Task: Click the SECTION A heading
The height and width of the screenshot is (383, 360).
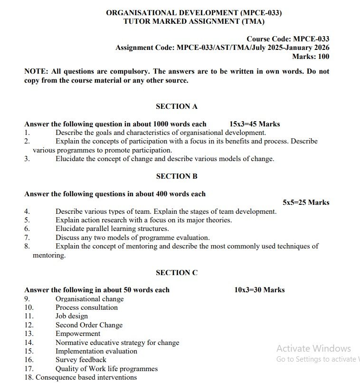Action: (176, 106)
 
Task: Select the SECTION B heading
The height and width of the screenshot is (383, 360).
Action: (176, 176)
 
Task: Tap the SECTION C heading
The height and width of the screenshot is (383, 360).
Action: (176, 273)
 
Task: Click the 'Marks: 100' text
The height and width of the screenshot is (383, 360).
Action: (311, 57)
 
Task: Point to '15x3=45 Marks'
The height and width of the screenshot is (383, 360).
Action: (255, 124)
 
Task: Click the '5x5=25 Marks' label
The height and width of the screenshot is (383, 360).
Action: (306, 202)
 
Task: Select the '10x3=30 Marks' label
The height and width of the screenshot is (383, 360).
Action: (259, 290)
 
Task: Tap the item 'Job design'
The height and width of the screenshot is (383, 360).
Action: (72, 316)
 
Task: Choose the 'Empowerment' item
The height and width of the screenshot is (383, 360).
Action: (78, 334)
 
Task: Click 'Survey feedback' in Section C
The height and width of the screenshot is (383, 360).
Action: (81, 360)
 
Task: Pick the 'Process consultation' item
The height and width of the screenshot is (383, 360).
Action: (86, 307)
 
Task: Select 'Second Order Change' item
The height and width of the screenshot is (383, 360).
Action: (89, 325)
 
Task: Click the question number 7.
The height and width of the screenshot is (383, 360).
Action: (27, 238)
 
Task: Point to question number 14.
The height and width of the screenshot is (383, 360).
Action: (29, 343)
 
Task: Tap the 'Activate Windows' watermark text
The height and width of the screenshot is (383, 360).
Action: (313, 348)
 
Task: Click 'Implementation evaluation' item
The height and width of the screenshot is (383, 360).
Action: (96, 351)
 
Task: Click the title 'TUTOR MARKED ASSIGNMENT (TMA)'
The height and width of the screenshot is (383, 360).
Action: (194, 21)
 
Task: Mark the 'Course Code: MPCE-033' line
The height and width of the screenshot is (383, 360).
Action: (288, 39)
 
